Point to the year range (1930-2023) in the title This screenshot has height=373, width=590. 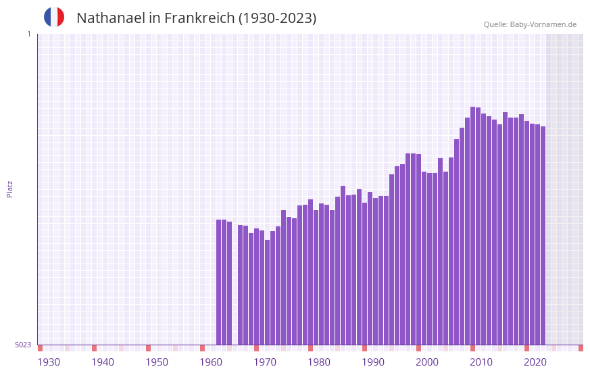(277, 18)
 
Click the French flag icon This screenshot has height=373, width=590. (54, 17)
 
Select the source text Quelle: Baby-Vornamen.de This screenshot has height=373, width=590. (530, 24)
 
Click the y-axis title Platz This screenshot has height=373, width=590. (9, 189)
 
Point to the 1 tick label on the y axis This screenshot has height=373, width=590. (28, 34)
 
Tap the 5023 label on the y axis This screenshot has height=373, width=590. (23, 345)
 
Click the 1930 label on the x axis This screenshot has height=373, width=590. (49, 362)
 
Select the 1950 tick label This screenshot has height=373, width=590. (157, 362)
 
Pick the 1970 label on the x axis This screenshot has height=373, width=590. (265, 362)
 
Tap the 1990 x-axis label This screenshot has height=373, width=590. (373, 362)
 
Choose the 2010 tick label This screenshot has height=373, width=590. (481, 362)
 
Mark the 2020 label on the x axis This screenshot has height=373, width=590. (535, 362)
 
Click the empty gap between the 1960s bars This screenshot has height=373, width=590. (235, 284)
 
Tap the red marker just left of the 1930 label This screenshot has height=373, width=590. (40, 348)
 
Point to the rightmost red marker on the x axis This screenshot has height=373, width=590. (581, 348)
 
